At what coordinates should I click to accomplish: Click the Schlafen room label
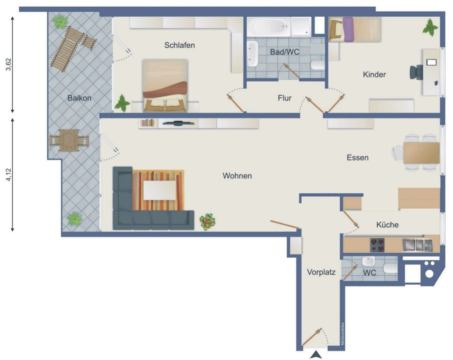click(x=179, y=46)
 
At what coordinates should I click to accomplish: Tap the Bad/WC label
click(x=284, y=52)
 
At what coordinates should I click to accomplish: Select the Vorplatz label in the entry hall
click(x=321, y=272)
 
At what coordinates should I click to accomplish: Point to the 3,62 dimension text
click(x=9, y=64)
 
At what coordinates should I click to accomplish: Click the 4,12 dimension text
click(x=9, y=175)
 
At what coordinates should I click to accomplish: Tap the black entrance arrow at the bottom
click(x=316, y=355)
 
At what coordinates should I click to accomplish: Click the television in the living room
click(x=178, y=123)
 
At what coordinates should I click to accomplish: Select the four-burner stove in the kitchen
click(x=377, y=245)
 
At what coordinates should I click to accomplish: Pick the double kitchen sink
click(x=417, y=245)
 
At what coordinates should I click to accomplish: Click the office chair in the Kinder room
click(x=416, y=73)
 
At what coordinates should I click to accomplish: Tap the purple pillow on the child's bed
click(x=348, y=29)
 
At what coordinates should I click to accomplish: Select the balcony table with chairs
click(x=69, y=140)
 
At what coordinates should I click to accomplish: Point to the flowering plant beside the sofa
click(x=207, y=222)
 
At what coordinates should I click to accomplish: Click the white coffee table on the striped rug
click(x=160, y=190)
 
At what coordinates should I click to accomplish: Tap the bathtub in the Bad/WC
click(x=268, y=27)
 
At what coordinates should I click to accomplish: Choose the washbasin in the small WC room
click(x=368, y=262)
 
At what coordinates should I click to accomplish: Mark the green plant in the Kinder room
click(x=430, y=28)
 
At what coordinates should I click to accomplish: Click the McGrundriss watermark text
click(x=343, y=334)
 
